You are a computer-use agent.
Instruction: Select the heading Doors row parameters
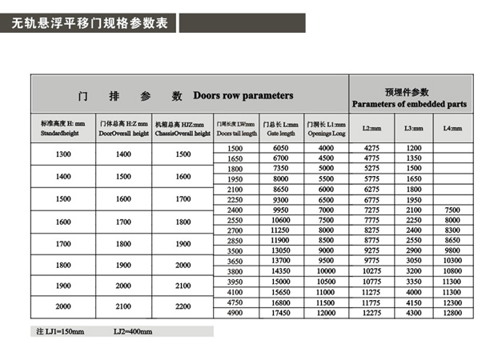point(243,96)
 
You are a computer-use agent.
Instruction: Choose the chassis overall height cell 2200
point(183,306)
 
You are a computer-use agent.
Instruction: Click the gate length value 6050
point(281,149)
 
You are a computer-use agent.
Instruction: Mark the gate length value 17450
point(281,312)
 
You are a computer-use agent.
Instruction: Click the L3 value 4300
point(413,312)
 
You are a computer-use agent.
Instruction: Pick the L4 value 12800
point(452,312)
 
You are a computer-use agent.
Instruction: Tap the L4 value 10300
point(452,261)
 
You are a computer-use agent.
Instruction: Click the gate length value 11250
point(281,230)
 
